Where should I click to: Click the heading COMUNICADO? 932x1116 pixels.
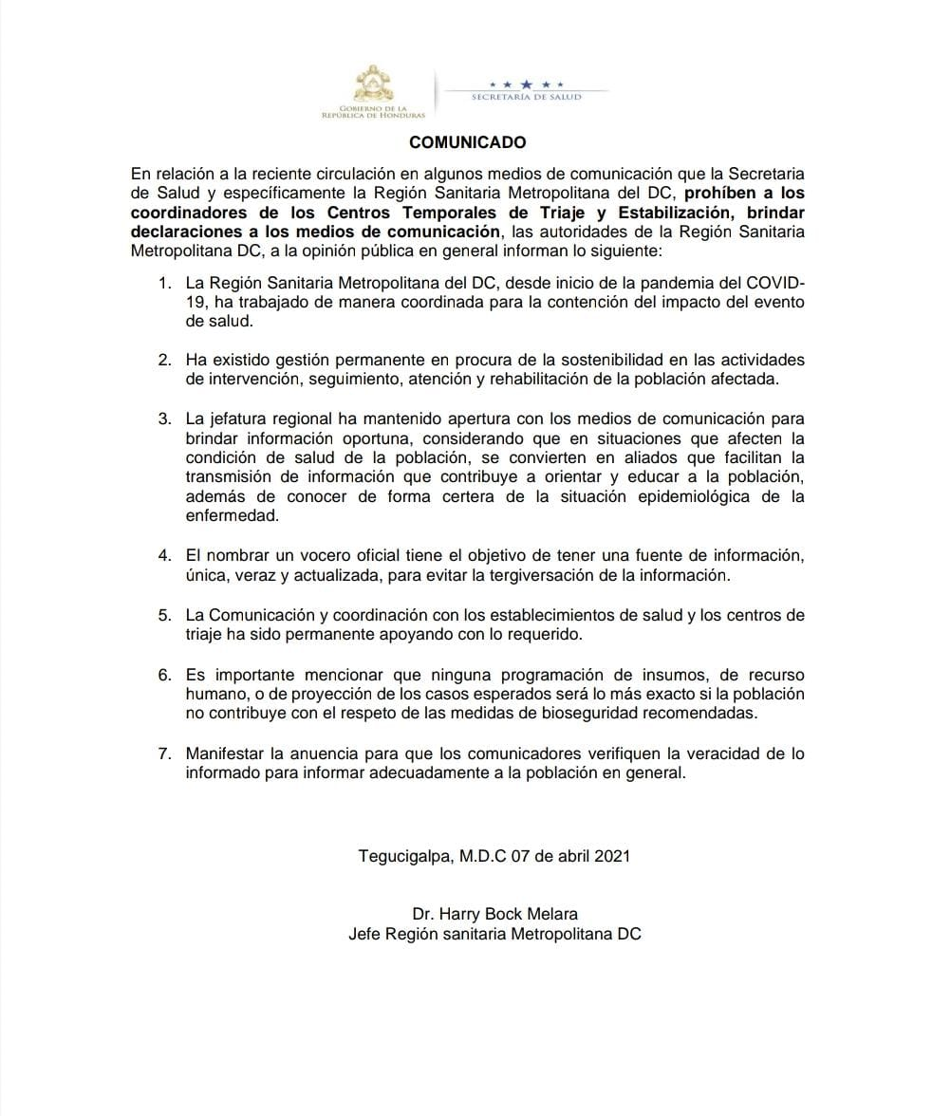[x=467, y=142]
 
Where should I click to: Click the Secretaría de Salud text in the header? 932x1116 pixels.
[x=526, y=97]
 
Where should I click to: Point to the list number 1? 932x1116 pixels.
[x=164, y=284]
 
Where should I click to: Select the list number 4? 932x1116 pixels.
[x=164, y=556]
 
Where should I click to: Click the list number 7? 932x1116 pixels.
[x=164, y=753]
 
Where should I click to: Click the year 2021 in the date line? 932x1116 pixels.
[x=612, y=855]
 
